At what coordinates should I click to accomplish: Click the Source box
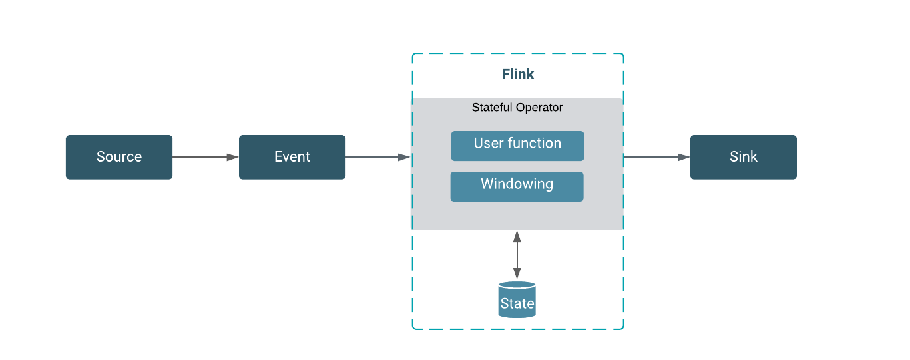118,157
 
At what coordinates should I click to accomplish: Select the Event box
292,157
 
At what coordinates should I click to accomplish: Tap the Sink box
743,157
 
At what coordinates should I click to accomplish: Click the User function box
517,146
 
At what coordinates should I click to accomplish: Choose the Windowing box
517,186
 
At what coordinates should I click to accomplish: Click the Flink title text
518,74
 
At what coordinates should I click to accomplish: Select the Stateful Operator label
517,107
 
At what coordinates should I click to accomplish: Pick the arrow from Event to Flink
377,157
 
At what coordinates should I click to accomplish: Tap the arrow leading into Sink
656,157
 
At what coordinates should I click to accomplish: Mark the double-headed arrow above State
517,255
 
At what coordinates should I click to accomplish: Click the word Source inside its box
118,157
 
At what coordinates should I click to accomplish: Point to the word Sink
743,157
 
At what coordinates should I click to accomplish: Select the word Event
292,157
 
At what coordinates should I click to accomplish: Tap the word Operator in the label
539,107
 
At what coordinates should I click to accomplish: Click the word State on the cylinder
517,303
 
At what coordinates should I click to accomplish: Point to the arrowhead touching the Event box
232,157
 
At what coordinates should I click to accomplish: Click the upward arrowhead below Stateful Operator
517,236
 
